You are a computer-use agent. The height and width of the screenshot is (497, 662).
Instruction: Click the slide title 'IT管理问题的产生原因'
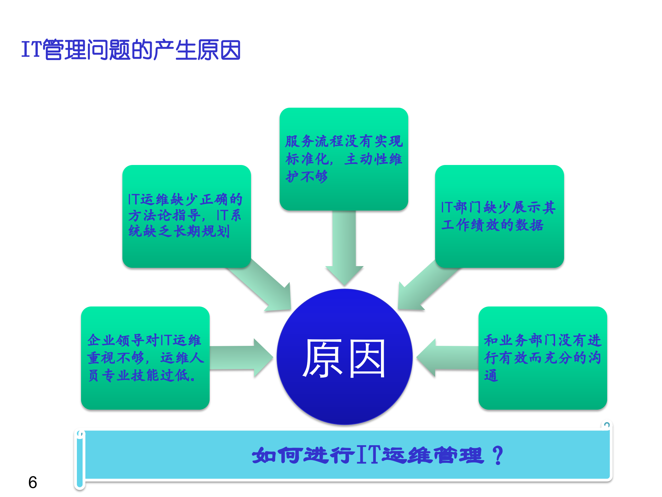131,50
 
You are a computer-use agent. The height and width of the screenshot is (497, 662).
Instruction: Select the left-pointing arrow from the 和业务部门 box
448,358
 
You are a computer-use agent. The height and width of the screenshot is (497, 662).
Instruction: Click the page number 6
33,482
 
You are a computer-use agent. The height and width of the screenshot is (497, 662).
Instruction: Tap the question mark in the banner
498,455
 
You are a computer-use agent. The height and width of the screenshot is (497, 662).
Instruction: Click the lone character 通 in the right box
491,376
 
